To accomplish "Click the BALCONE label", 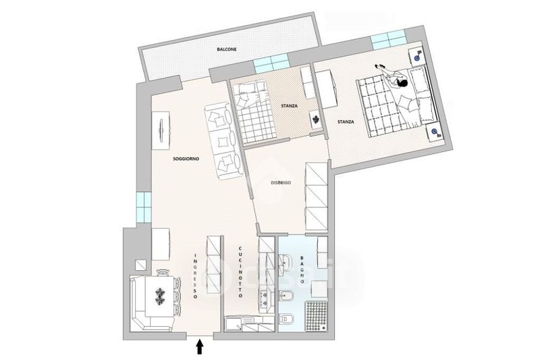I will pyautogui.click(x=226, y=50).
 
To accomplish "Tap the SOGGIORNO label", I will pyautogui.click(x=185, y=158).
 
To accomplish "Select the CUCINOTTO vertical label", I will pyautogui.click(x=240, y=269).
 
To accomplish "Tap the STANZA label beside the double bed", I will pyautogui.click(x=346, y=122).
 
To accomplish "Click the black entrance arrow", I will pyautogui.click(x=200, y=346).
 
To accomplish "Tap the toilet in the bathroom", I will pyautogui.click(x=285, y=318).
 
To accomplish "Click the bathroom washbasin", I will pyautogui.click(x=284, y=260).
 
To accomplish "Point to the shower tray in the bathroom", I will pyautogui.click(x=317, y=316).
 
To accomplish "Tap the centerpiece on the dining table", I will pyautogui.click(x=161, y=295).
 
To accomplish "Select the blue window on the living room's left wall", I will pyautogui.click(x=142, y=207).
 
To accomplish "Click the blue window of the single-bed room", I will pyautogui.click(x=271, y=64).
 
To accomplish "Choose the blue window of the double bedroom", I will pyautogui.click(x=389, y=39).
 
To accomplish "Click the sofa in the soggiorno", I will pyautogui.click(x=223, y=142).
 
